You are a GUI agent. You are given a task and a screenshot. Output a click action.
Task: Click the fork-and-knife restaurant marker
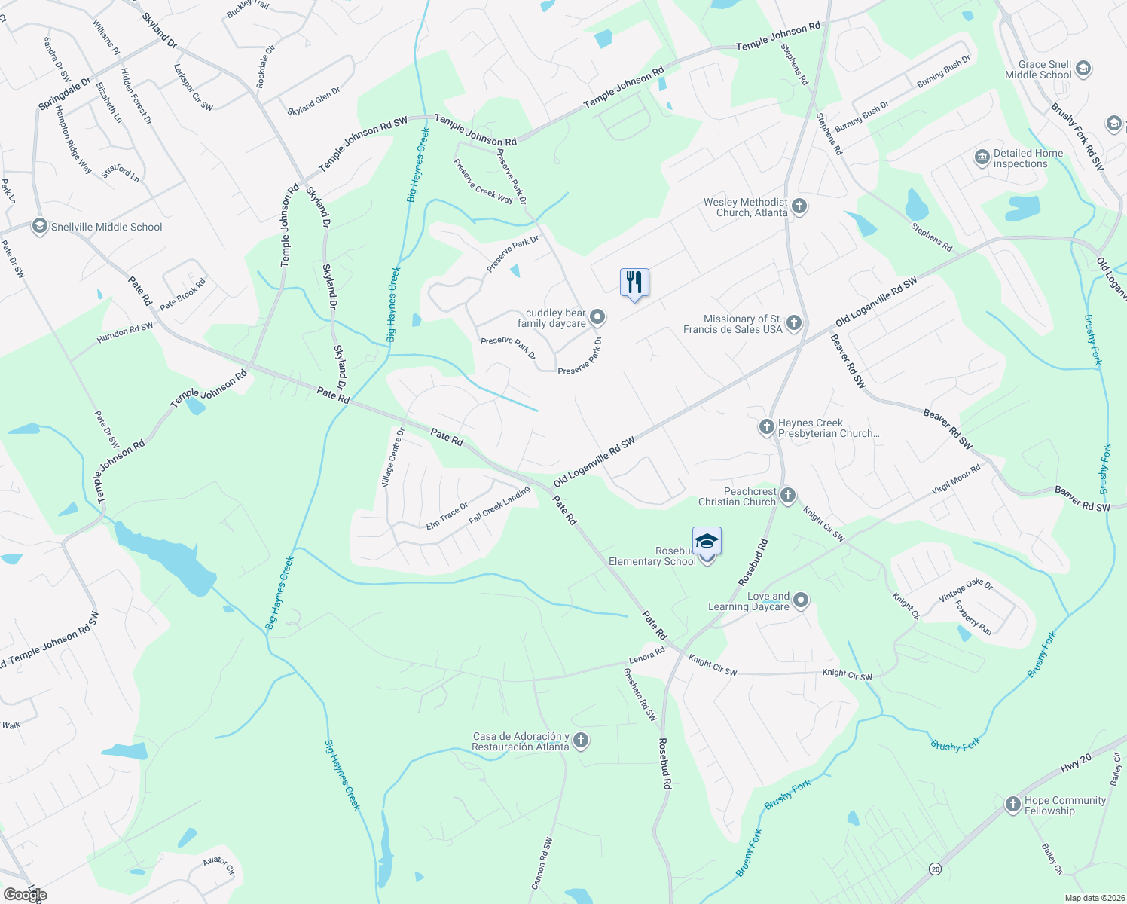[x=634, y=282]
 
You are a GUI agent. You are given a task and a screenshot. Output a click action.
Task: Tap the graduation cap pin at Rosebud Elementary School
[x=707, y=542]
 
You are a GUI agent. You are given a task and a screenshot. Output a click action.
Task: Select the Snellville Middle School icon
[x=40, y=226]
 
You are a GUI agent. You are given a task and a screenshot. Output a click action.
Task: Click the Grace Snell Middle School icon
[x=1083, y=69]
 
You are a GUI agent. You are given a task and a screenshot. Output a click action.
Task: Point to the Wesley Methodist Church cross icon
[x=799, y=206]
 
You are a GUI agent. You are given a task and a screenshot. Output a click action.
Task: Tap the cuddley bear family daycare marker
[x=597, y=317]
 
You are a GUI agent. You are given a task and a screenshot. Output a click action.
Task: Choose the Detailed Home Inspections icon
[x=982, y=157]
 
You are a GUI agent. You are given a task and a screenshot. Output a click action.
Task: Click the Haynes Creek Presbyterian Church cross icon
[x=766, y=427]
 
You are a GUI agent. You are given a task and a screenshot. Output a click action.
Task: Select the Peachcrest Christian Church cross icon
[x=787, y=496]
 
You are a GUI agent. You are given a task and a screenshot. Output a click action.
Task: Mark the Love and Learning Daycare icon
[x=801, y=600]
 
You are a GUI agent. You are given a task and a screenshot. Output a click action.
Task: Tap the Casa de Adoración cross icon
[x=580, y=741]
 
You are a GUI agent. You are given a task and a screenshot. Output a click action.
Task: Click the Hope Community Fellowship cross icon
[x=1013, y=805]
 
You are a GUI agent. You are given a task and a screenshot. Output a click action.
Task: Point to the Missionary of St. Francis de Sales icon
[x=793, y=324]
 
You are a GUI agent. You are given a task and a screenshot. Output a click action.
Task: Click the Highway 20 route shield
[x=934, y=869]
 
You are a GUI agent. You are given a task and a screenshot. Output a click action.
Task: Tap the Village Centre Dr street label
[x=393, y=457]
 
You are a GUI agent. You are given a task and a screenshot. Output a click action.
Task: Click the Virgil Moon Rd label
[x=956, y=479]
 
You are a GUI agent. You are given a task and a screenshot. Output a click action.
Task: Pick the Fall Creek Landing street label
[x=499, y=505]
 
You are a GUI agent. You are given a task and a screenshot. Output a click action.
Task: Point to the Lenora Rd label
[x=646, y=655]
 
